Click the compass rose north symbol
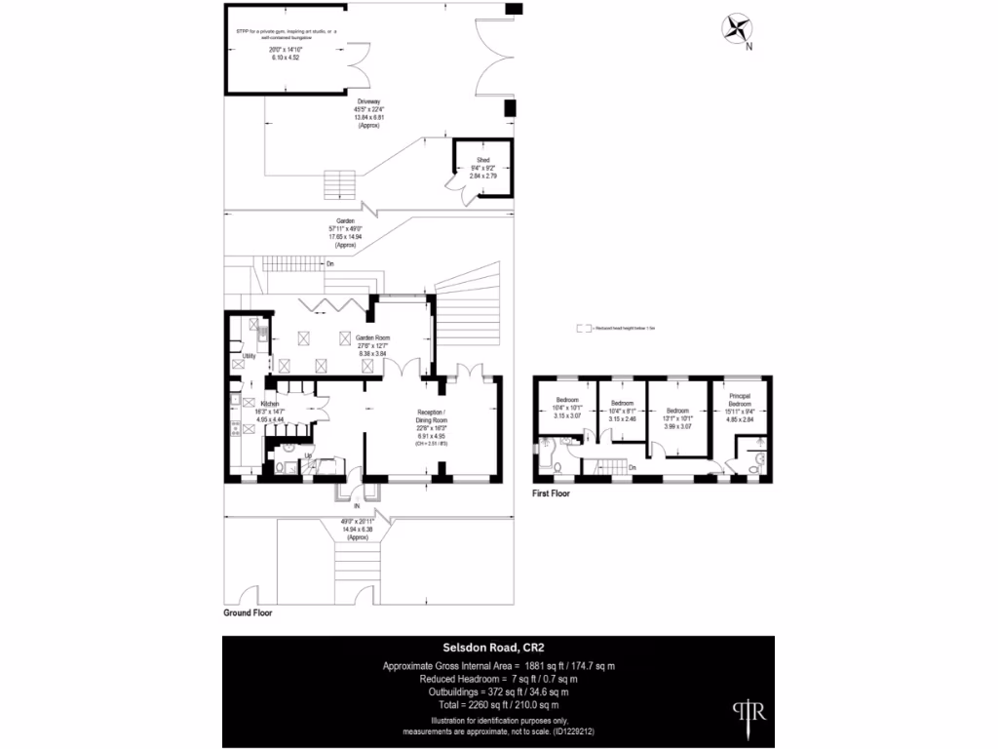[x=738, y=30]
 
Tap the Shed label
[x=482, y=160]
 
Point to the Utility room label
[x=249, y=357]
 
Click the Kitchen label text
[x=270, y=403]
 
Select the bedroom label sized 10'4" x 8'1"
[x=623, y=403]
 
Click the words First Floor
[x=551, y=493]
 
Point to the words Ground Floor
[x=248, y=614]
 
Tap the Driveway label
[x=366, y=101]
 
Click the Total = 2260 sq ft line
[x=498, y=704]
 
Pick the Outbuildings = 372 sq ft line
[x=498, y=691]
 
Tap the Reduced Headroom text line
[x=498, y=678]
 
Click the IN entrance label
[x=357, y=507]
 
